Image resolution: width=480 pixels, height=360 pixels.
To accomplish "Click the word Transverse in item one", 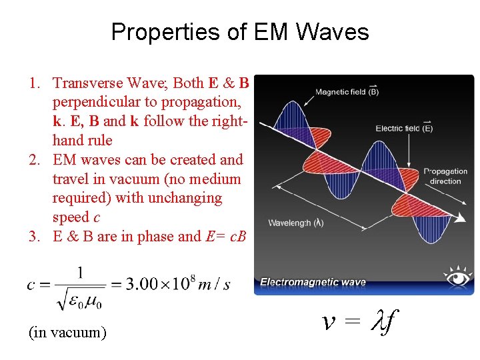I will coord(84,83).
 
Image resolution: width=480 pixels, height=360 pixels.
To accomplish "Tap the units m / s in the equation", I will coord(214,285).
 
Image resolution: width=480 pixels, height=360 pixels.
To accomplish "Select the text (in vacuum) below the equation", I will coord(67,331).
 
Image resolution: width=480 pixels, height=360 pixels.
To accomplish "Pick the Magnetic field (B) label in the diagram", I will coord(347,91).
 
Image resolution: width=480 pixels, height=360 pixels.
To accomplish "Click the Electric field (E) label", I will coord(404,128).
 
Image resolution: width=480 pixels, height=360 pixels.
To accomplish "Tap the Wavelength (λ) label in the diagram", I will coord(296,223).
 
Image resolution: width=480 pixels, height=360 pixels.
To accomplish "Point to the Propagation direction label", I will coord(445,177).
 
